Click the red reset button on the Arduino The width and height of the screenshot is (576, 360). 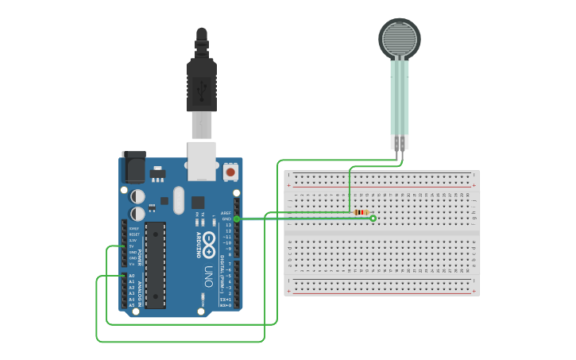tap(230, 171)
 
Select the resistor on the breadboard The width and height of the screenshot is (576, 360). tap(361, 212)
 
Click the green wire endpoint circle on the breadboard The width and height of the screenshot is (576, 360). tap(373, 218)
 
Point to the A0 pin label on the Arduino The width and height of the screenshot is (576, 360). tap(131, 276)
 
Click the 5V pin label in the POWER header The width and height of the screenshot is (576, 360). tap(132, 246)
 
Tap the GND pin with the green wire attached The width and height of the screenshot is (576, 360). tap(236, 219)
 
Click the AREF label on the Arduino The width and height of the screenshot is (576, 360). tap(226, 213)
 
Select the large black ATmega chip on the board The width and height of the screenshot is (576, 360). tap(156, 265)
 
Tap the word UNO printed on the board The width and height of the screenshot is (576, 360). tap(208, 276)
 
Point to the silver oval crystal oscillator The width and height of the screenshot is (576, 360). tap(178, 200)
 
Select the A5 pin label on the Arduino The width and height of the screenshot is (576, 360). tap(131, 305)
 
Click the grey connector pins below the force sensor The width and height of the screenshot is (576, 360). tap(399, 142)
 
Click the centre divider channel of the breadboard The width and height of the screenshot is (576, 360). tap(381, 234)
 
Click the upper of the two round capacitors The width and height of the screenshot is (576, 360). tap(138, 195)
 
